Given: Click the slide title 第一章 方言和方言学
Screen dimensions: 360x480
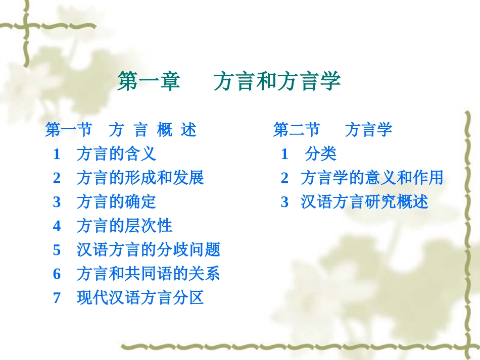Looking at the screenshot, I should point(229,81).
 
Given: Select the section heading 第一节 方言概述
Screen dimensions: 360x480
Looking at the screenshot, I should point(121,130).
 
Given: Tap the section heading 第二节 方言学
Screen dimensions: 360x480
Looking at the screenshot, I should point(332,130).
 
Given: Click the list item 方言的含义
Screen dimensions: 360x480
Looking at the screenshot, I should point(116,154).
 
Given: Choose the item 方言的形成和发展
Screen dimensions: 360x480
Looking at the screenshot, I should point(140,178).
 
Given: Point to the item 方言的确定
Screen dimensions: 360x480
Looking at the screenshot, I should point(116,202).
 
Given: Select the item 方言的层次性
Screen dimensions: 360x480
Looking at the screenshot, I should point(124,226).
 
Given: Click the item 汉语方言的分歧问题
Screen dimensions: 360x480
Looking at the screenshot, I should point(148,249).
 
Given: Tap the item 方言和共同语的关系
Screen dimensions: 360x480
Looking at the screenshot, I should point(148,274).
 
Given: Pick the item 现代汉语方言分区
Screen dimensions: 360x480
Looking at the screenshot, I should point(140,298).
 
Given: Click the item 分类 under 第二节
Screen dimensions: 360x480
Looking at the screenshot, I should point(321,154).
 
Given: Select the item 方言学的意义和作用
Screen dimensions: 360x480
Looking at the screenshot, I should point(372,178).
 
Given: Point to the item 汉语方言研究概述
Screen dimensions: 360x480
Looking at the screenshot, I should point(364,202).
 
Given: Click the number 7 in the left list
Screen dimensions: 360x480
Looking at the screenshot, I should point(57,298).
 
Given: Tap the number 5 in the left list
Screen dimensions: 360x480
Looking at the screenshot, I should point(57,250).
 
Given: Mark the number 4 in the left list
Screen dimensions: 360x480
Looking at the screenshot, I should point(57,226).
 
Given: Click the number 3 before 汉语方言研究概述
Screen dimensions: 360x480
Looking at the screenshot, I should point(284,202).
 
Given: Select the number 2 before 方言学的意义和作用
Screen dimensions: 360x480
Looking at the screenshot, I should point(284,178).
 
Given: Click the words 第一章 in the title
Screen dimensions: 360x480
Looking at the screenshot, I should point(149,81).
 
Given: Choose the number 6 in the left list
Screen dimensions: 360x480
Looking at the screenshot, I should point(57,274).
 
